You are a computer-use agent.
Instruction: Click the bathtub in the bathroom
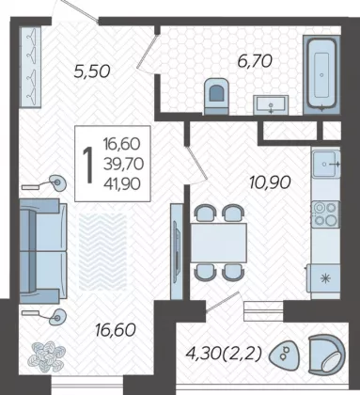click(x=321, y=74)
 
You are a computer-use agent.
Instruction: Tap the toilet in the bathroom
click(x=216, y=96)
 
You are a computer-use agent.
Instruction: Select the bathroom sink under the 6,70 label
click(x=271, y=104)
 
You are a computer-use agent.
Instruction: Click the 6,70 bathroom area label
click(x=255, y=61)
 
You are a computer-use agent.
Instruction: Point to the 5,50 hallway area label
click(x=92, y=71)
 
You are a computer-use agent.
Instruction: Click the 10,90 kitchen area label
click(x=270, y=182)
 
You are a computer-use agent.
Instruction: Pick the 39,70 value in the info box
click(x=124, y=164)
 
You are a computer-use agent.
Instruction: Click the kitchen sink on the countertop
click(x=326, y=164)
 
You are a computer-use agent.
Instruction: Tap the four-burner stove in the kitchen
click(x=325, y=214)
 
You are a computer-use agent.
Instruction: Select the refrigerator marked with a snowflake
click(x=324, y=278)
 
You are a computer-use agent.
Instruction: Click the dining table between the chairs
click(x=219, y=243)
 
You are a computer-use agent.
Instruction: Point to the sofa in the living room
click(x=43, y=251)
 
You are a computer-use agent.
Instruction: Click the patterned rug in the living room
click(x=102, y=252)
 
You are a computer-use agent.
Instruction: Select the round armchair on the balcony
click(x=326, y=355)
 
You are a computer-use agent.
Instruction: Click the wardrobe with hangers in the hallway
click(x=30, y=67)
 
